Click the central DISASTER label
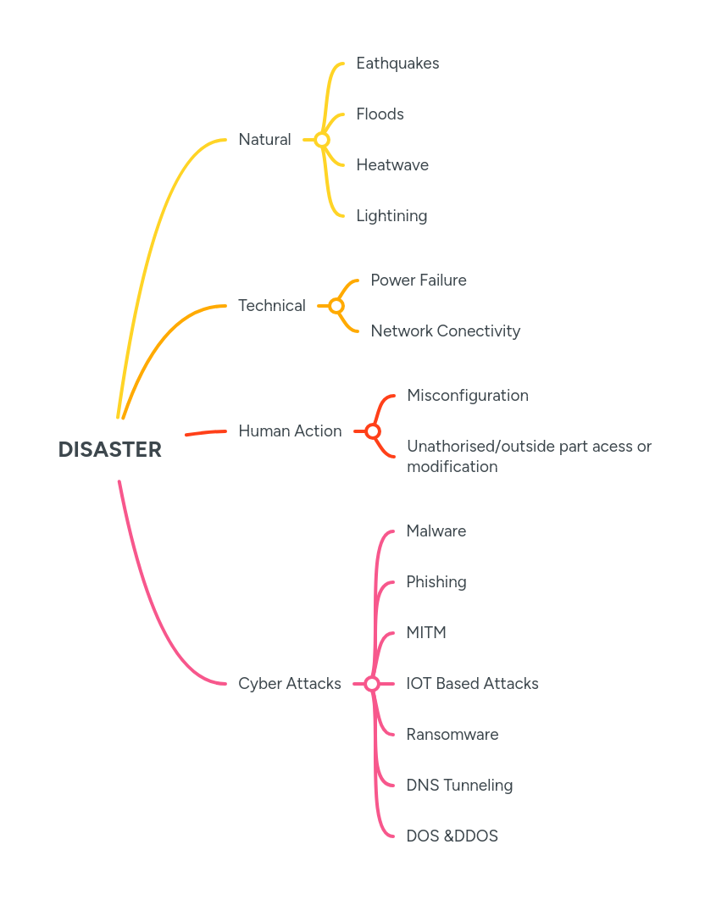click(109, 450)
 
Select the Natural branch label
click(264, 140)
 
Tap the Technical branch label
click(271, 306)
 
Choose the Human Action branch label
click(290, 431)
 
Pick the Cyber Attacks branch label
click(290, 684)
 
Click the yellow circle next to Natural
click(321, 140)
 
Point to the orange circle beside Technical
click(336, 306)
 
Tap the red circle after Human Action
click(372, 431)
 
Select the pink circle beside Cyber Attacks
click(372, 684)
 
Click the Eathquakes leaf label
click(397, 64)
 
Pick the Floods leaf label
click(380, 114)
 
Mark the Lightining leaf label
click(391, 216)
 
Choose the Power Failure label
click(419, 281)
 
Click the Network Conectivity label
click(445, 331)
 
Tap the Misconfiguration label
click(468, 396)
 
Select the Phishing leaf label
click(436, 582)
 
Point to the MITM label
click(426, 633)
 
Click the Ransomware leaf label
click(452, 735)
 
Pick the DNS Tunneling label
click(459, 786)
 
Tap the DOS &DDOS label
click(452, 836)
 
